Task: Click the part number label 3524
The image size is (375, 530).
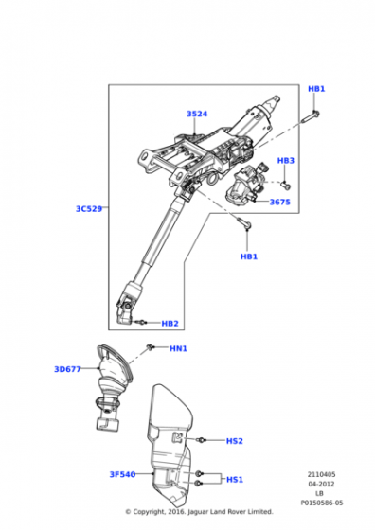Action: pos(196,115)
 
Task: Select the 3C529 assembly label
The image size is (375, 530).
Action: pos(89,207)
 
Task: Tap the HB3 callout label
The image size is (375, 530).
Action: pos(286,161)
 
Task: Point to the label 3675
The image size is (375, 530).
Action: pos(279,202)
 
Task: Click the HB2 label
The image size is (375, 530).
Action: pos(170,324)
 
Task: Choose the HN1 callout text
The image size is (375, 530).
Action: pos(178,349)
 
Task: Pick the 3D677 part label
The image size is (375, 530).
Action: pos(67,369)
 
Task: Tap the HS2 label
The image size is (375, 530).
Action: pos(234,441)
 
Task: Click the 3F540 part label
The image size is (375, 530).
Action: pos(122,474)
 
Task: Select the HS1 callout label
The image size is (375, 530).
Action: pos(234,479)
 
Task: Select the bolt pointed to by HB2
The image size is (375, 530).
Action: pos(141,322)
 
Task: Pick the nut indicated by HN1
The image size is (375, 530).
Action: pos(152,349)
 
